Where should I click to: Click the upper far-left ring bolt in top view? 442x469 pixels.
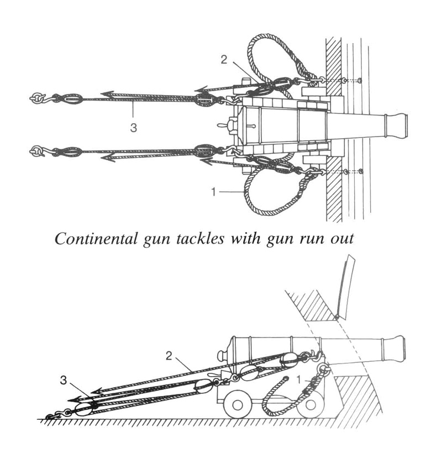37,98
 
